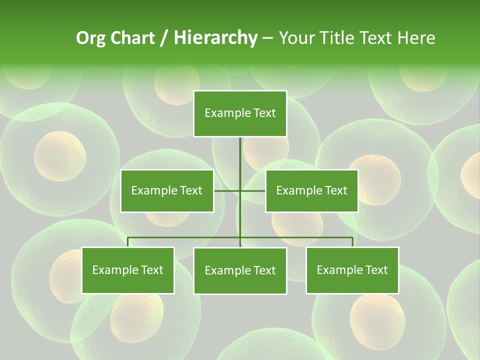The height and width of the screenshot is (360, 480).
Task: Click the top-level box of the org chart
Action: [x=240, y=113]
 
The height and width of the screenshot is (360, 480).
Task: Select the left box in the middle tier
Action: [x=167, y=190]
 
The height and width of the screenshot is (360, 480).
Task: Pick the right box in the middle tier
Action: [x=311, y=190]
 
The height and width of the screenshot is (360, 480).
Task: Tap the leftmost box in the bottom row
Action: [x=128, y=270]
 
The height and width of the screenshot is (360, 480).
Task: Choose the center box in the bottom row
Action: [x=240, y=270]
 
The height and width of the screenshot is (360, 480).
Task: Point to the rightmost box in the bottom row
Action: [x=352, y=270]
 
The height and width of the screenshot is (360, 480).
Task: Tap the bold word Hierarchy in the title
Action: [x=215, y=38]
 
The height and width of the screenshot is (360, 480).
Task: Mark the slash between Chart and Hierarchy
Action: [x=164, y=38]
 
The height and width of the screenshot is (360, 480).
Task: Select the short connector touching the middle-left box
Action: [x=226, y=190]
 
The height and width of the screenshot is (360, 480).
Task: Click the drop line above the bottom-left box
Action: [x=128, y=242]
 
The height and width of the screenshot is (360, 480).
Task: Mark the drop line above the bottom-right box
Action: [x=352, y=242]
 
